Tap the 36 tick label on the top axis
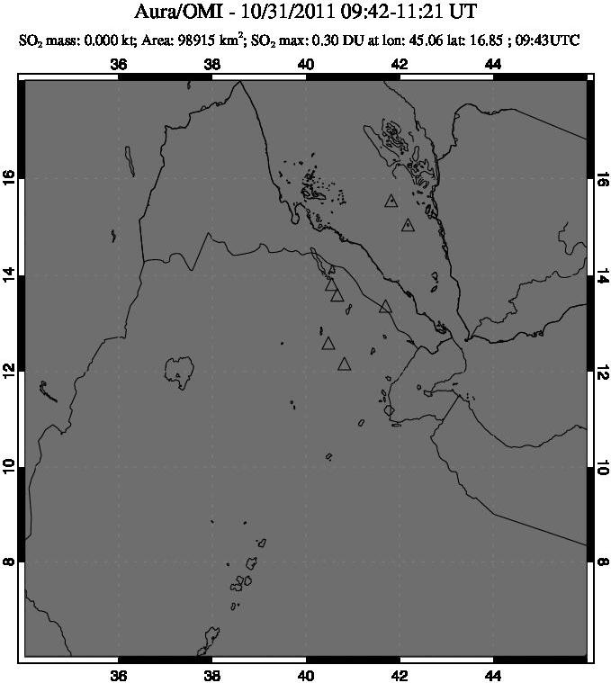click(119, 64)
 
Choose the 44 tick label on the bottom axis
click(493, 677)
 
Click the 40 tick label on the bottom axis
click(306, 677)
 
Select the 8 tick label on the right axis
click(601, 562)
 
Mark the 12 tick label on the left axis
click(11, 370)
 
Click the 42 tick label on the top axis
click(400, 64)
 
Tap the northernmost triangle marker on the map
click(391, 201)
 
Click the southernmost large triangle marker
click(344, 364)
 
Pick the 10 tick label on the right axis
click(601, 465)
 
